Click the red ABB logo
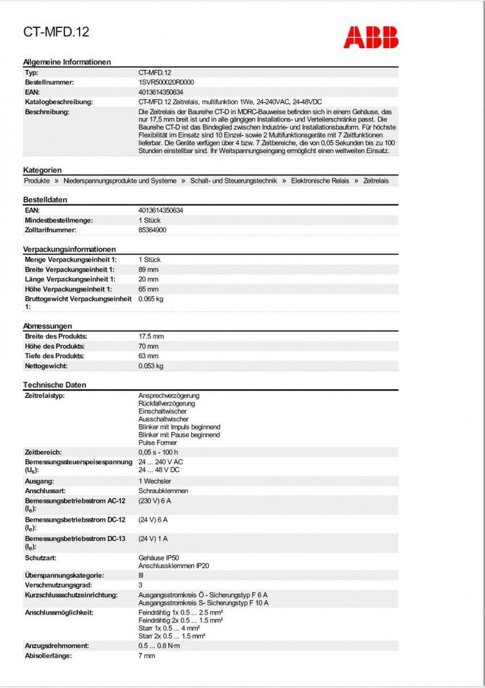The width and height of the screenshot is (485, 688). pyautogui.click(x=370, y=37)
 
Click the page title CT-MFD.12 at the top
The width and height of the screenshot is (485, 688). pyautogui.click(x=57, y=32)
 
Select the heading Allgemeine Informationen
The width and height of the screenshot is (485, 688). pyautogui.click(x=67, y=61)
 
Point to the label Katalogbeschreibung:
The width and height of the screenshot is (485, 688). pyautogui.click(x=59, y=102)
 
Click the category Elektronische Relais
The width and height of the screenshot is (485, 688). pyautogui.click(x=320, y=181)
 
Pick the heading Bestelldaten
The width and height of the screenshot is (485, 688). pyautogui.click(x=45, y=200)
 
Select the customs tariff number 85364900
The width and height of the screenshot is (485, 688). pyautogui.click(x=152, y=230)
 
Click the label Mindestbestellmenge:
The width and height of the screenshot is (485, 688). pyautogui.click(x=59, y=221)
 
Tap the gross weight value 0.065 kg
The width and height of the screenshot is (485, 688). pyautogui.click(x=151, y=298)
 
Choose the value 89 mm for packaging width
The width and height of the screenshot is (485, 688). pyautogui.click(x=149, y=269)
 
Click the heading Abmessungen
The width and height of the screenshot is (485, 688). pyautogui.click(x=47, y=326)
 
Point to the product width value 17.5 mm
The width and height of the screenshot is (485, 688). pyautogui.click(x=152, y=336)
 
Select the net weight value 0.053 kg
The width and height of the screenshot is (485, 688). pyautogui.click(x=151, y=366)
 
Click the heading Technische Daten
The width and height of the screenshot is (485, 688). pyautogui.click(x=55, y=384)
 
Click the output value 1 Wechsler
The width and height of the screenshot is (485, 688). pyautogui.click(x=155, y=481)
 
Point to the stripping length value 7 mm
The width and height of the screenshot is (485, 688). pyautogui.click(x=147, y=655)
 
